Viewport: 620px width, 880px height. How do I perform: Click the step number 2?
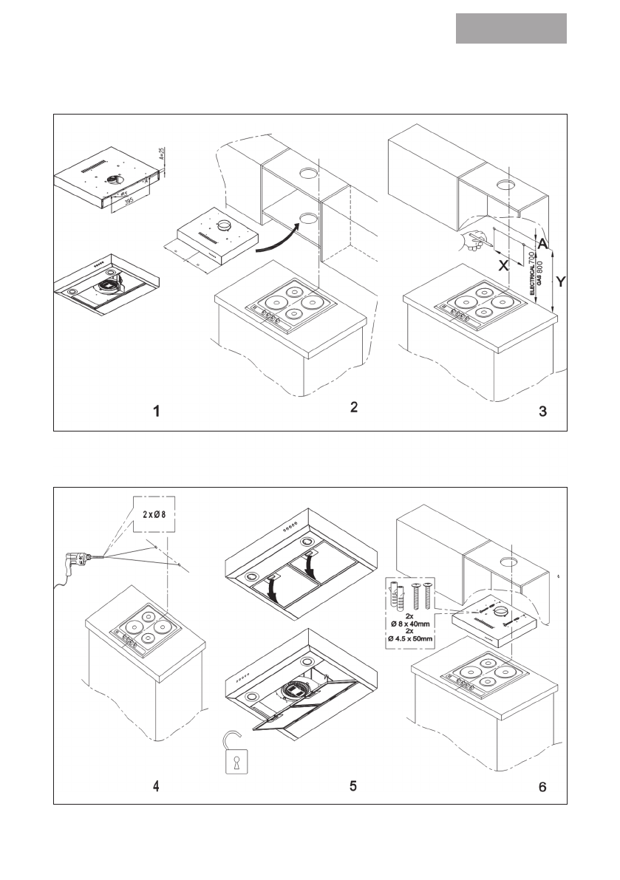coord(354,407)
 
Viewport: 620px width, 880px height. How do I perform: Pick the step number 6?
coord(543,787)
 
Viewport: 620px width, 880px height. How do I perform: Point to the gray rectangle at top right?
coord(511,28)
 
